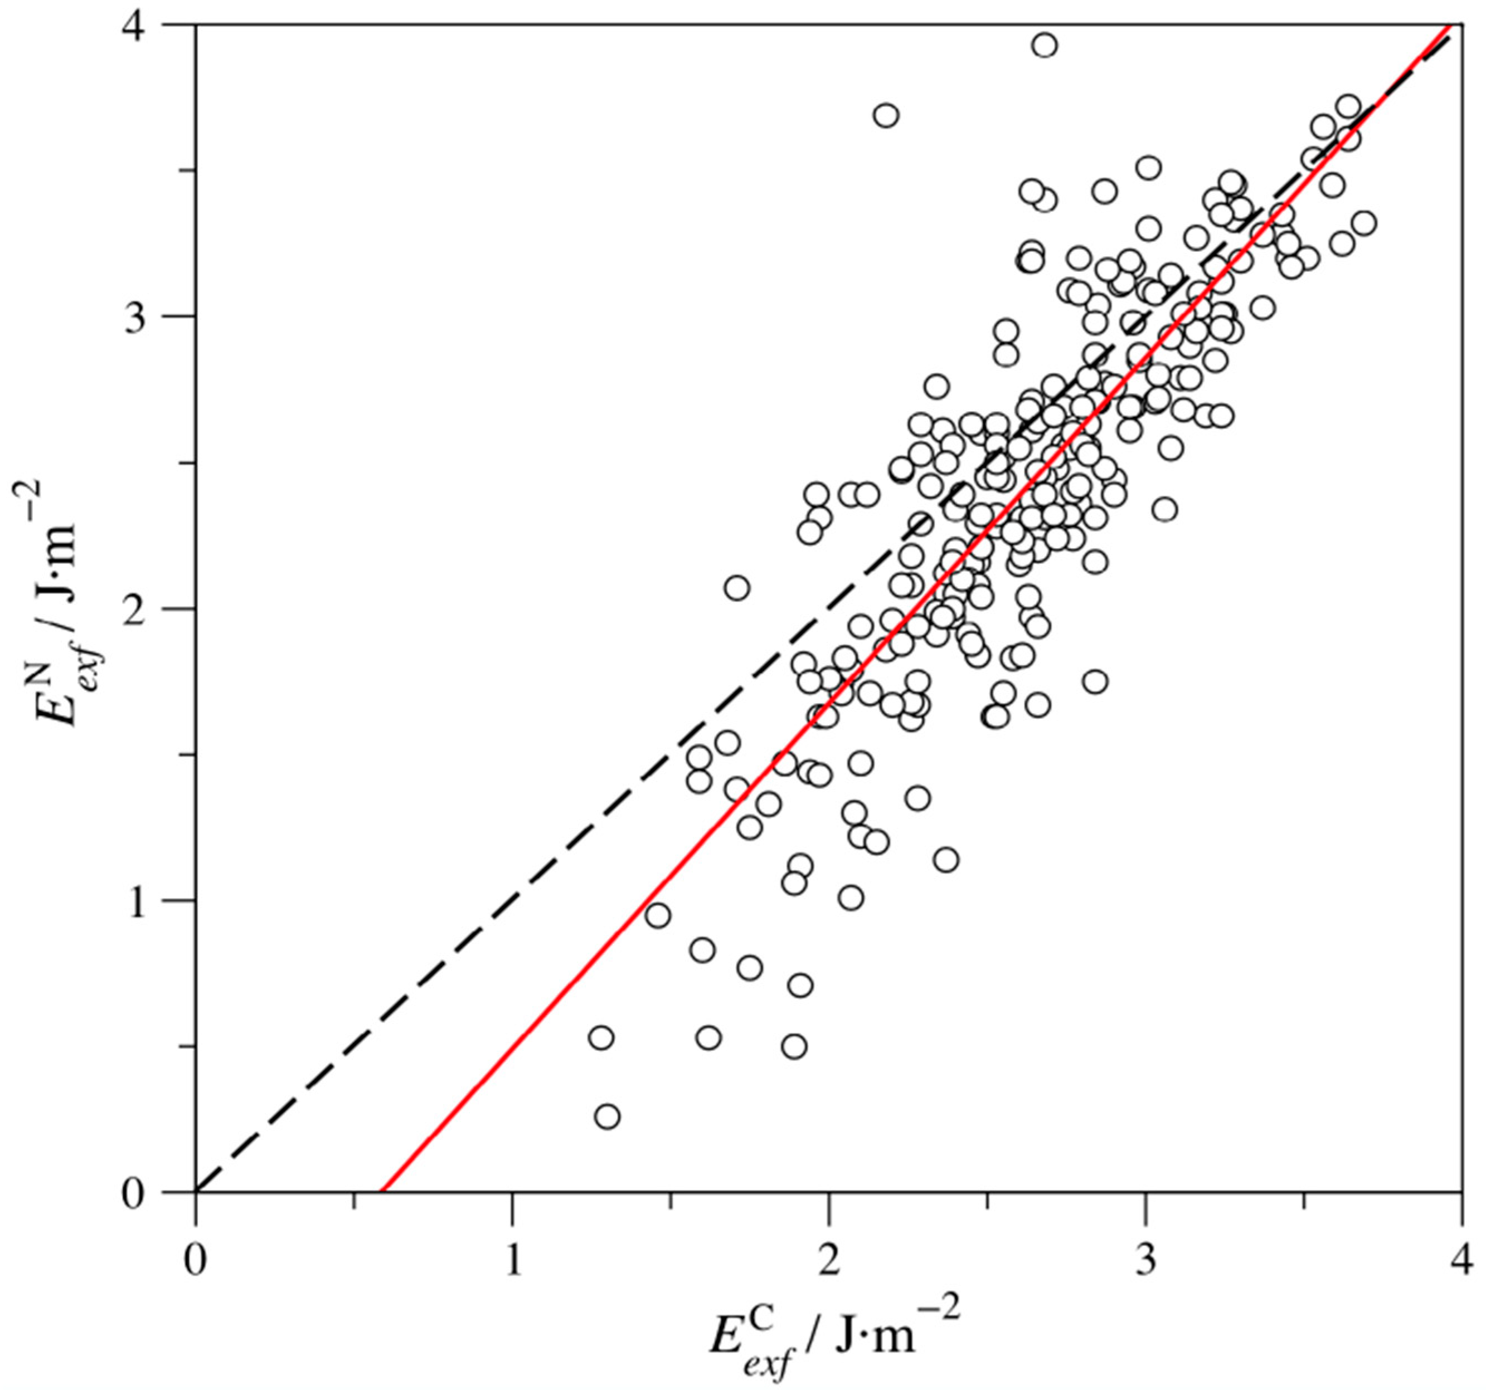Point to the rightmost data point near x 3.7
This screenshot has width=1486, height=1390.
[x=1363, y=223]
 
